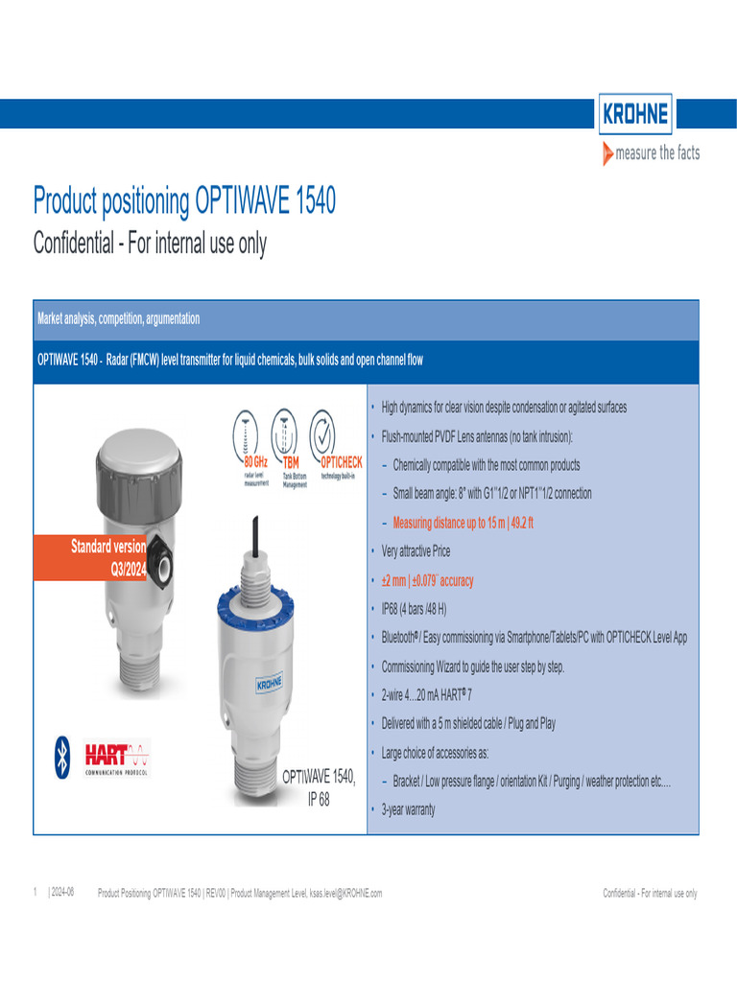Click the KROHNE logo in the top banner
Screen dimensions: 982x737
(635, 116)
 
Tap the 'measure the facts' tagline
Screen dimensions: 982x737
(652, 153)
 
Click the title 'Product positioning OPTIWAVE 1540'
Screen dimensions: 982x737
(184, 202)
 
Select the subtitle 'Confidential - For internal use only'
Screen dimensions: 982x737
(150, 244)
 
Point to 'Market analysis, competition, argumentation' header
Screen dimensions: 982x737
(118, 318)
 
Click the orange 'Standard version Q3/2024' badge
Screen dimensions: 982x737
(91, 556)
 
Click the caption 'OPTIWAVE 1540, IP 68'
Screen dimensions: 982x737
(318, 788)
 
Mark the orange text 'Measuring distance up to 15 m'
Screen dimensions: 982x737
(464, 523)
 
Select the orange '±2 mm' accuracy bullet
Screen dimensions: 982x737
(427, 580)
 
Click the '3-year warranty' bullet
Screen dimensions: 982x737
(408, 809)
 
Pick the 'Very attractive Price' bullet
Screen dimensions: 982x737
(416, 551)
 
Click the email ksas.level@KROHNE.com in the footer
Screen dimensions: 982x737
(345, 894)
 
